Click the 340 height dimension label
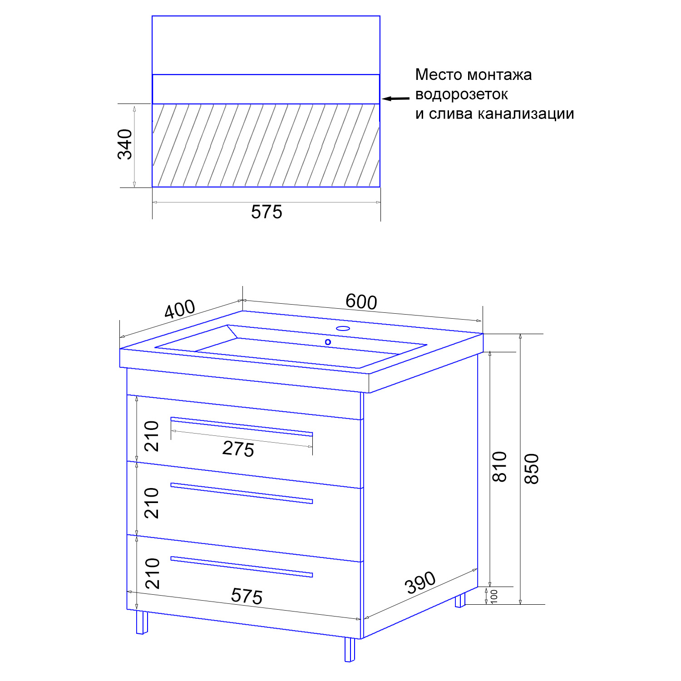[125, 144]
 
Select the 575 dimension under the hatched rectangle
[266, 212]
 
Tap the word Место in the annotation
[439, 74]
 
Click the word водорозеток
[461, 94]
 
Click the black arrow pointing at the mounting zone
[395, 98]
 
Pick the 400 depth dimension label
[180, 309]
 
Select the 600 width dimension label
[361, 301]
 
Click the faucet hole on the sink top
[343, 328]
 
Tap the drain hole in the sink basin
[328, 342]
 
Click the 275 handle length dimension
[238, 449]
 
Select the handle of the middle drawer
[242, 493]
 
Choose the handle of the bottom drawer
[242, 567]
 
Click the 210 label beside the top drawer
[152, 436]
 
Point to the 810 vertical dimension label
[499, 467]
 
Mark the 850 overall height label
[532, 469]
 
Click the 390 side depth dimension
[420, 582]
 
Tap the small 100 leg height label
[494, 596]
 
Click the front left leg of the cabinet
[142, 622]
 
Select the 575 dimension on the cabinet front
[247, 596]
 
